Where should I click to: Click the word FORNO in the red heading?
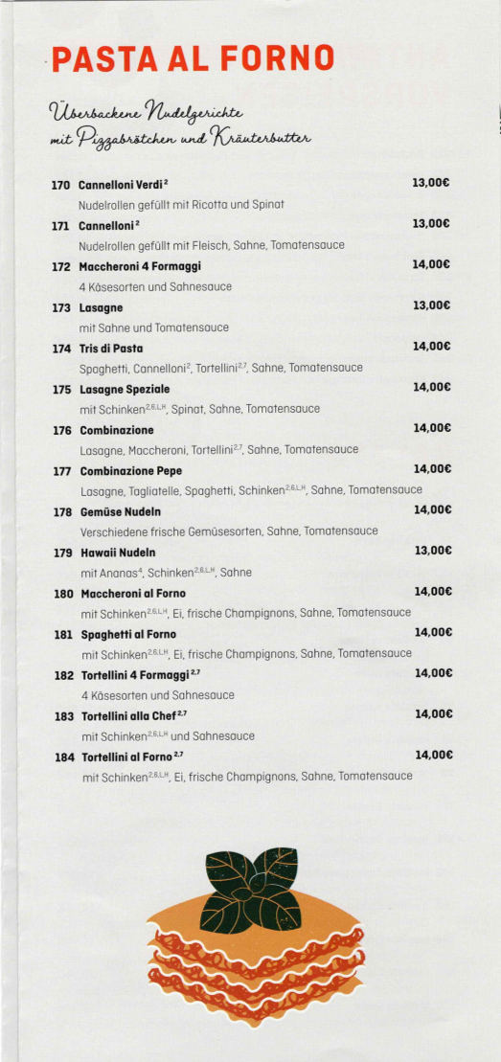click(277, 59)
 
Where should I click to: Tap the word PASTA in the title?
click(100, 59)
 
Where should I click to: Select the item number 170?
click(61, 183)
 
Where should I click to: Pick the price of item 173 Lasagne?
click(431, 305)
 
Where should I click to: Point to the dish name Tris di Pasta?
click(111, 349)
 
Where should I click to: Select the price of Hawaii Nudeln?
click(432, 551)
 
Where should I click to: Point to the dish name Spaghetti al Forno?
click(128, 634)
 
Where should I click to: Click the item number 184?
click(64, 757)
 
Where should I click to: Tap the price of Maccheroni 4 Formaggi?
click(431, 264)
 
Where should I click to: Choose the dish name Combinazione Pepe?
click(130, 471)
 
